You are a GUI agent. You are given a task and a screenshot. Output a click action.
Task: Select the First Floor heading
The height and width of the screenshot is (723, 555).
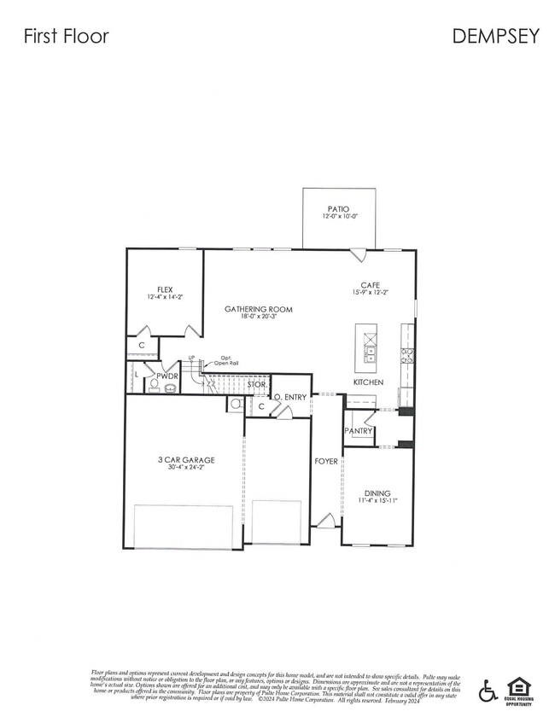point(66,36)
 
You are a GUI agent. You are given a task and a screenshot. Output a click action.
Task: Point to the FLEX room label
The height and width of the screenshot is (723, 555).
point(165,289)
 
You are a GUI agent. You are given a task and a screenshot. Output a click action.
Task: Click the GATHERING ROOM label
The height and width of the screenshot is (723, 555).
point(258,308)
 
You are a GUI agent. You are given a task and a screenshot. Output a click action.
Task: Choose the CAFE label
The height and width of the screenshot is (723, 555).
point(370,285)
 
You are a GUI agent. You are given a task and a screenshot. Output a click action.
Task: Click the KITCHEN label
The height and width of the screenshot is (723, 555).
point(368,382)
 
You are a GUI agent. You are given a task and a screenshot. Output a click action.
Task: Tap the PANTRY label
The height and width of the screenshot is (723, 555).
point(359,431)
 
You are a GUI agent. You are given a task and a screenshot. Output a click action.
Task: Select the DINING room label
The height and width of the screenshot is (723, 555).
point(377,493)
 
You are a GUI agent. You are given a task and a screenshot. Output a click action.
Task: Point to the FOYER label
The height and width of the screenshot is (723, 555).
point(326,461)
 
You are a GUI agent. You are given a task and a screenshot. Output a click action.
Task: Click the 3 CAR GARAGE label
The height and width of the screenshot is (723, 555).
point(185,460)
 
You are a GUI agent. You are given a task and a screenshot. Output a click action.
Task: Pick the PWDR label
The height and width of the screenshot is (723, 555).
point(166,376)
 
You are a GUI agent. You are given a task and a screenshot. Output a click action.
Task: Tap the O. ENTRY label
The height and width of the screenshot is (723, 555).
point(289,397)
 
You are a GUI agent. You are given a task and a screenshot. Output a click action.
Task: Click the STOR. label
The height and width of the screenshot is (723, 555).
point(258,386)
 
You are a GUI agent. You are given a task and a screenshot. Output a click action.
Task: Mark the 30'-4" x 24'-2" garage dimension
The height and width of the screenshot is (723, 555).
point(185,469)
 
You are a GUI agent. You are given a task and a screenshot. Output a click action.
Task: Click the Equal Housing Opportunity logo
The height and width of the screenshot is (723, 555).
point(517,688)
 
